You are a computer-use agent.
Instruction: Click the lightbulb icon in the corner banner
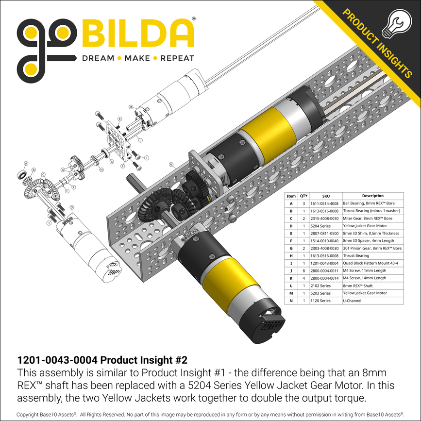click(x=397, y=24)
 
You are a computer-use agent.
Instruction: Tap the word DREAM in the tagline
click(x=98, y=58)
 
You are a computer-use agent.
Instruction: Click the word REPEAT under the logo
click(x=177, y=58)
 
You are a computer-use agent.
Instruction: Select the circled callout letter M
click(x=131, y=107)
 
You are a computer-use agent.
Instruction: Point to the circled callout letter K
click(x=120, y=119)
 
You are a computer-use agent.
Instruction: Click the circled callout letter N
click(x=171, y=164)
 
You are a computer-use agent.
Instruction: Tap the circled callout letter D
click(x=72, y=207)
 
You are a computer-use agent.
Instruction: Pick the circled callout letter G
click(x=63, y=169)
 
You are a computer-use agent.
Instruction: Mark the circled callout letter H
click(x=101, y=169)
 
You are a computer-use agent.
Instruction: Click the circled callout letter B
click(x=34, y=169)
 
